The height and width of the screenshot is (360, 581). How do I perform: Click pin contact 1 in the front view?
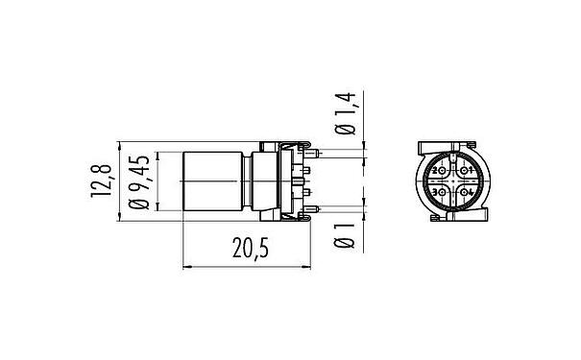(466, 171)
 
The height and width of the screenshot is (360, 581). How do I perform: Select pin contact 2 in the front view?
(440, 171)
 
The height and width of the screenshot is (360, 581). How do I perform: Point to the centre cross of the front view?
(452, 182)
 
